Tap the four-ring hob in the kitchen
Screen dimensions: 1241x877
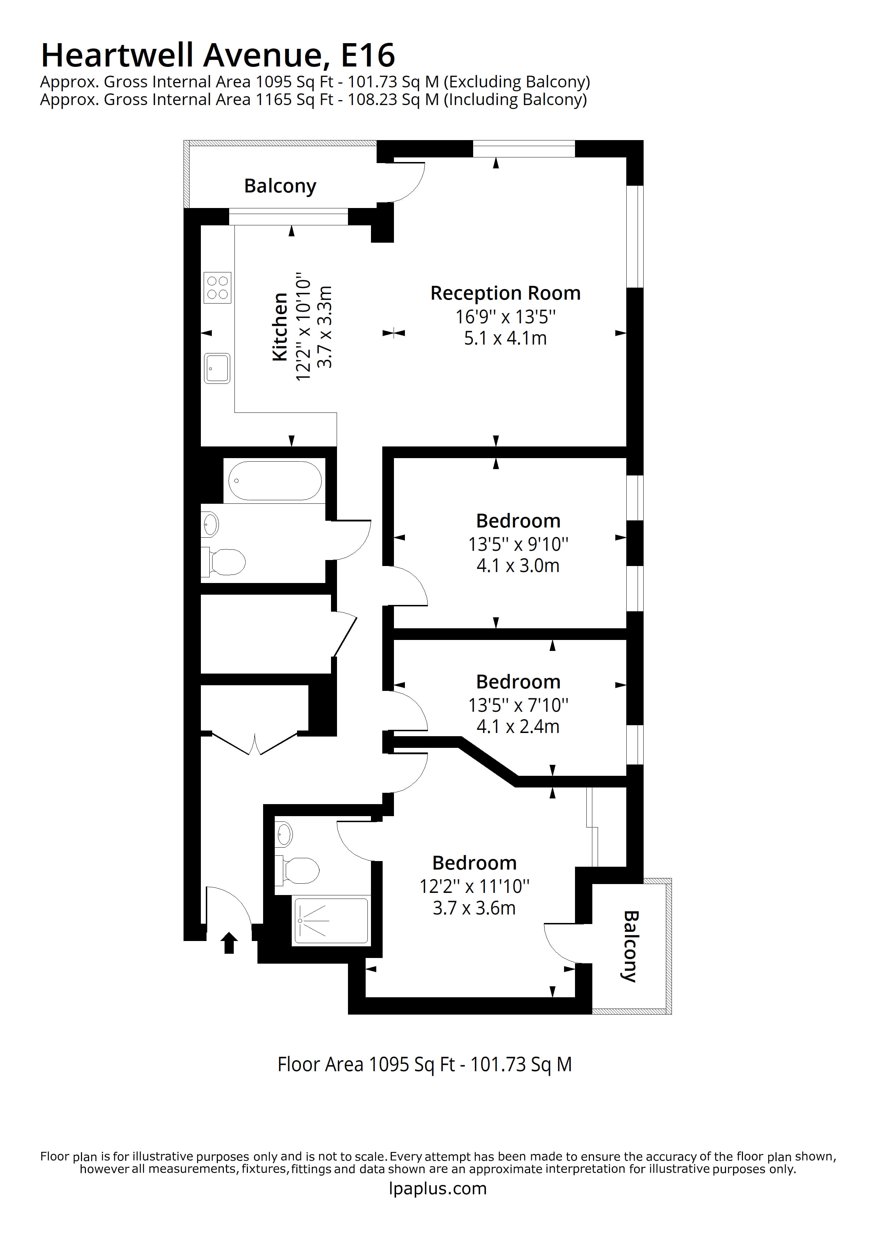click(217, 288)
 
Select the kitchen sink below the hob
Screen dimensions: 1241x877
click(217, 368)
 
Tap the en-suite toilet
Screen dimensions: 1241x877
click(300, 870)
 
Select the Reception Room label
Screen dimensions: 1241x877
click(505, 293)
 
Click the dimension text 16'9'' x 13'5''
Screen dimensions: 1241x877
click(505, 316)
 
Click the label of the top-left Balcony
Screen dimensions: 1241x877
click(280, 186)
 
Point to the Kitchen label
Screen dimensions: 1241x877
click(279, 327)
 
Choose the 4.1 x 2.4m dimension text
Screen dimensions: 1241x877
click(518, 726)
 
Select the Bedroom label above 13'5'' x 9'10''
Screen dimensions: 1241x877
click(518, 520)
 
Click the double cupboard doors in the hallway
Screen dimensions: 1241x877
click(255, 744)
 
